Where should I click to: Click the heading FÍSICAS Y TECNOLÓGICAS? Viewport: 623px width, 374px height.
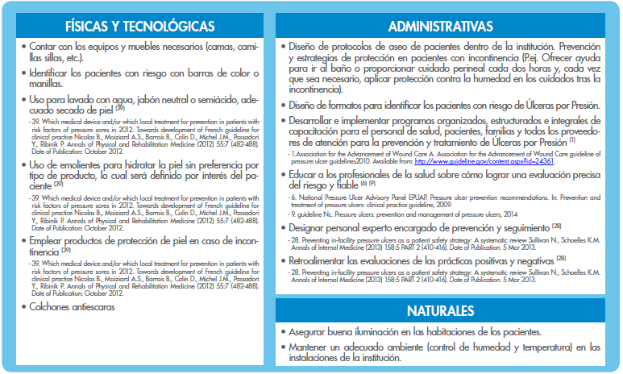click(139, 27)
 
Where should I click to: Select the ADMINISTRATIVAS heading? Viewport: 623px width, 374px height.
click(440, 27)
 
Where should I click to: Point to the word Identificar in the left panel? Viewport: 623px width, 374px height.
click(54, 73)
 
